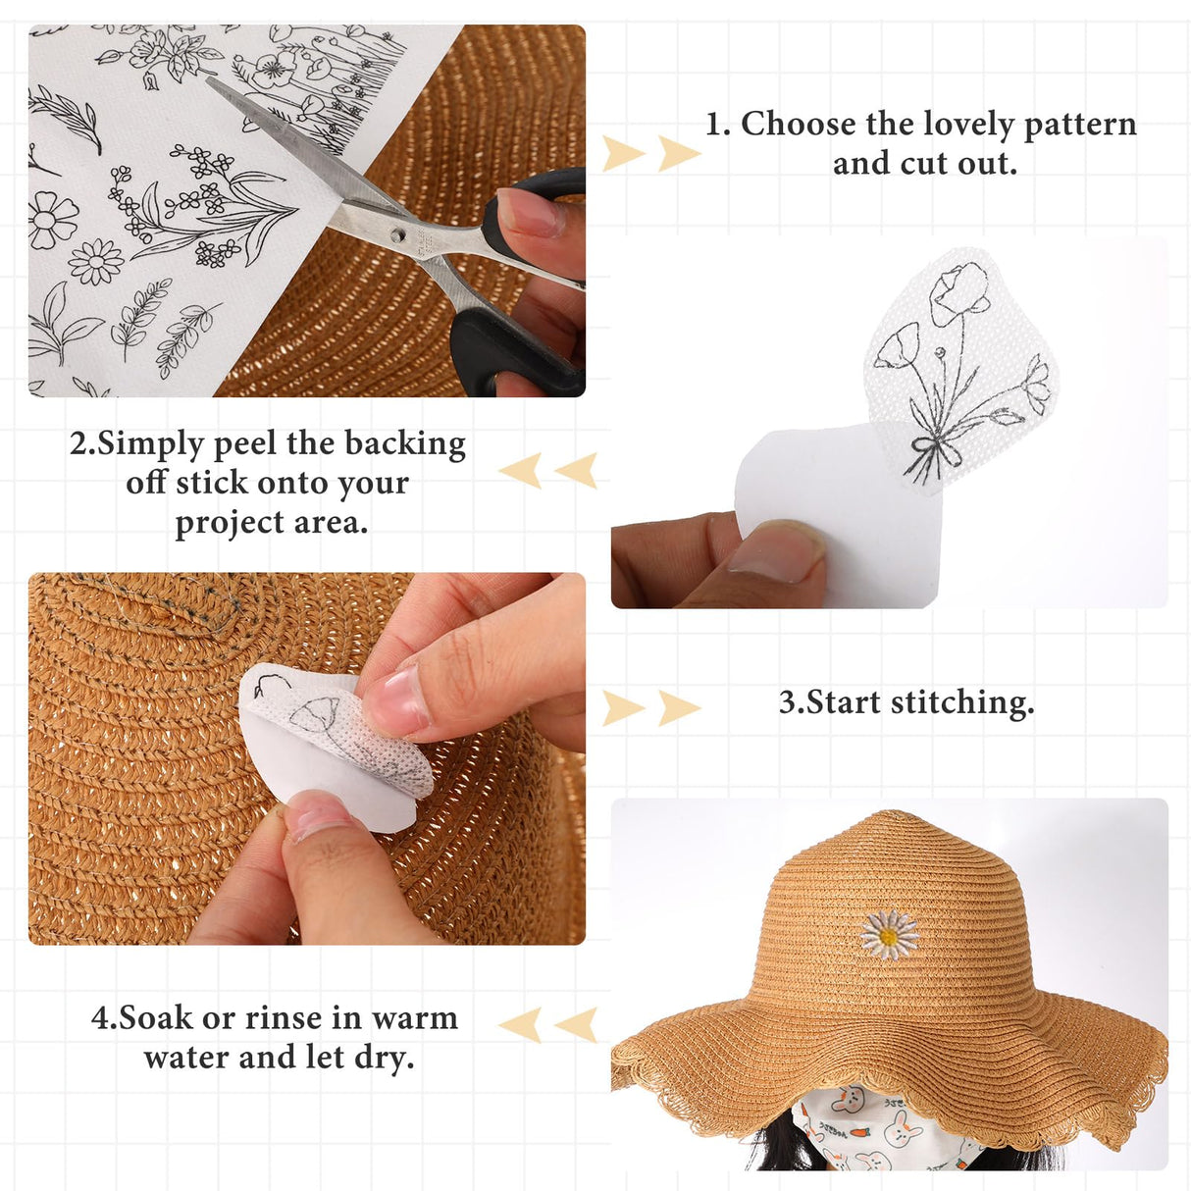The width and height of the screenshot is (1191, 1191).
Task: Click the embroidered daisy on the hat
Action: [889, 936]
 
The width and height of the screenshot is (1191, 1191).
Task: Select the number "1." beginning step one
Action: [718, 125]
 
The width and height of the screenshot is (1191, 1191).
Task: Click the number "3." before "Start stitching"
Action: [791, 703]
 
